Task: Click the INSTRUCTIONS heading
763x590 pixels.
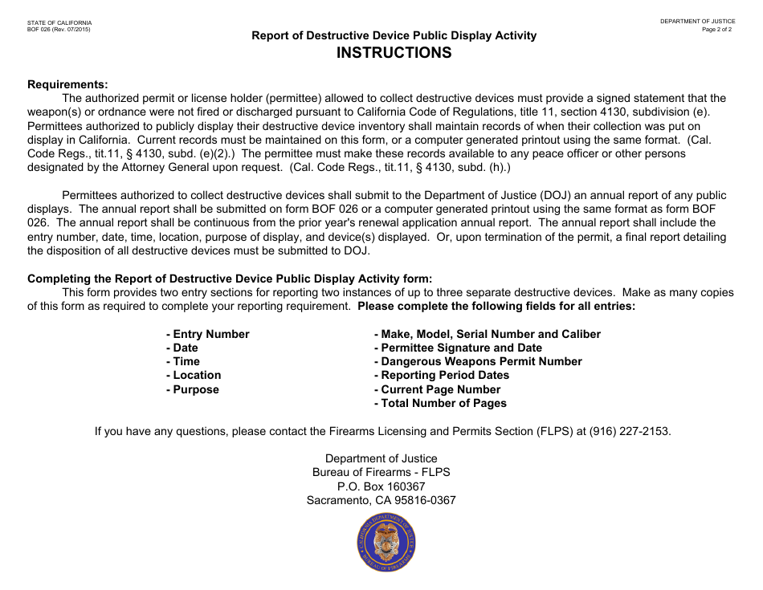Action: tap(394, 53)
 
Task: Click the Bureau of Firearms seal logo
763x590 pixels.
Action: tap(387, 543)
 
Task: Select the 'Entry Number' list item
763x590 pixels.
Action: tap(208, 334)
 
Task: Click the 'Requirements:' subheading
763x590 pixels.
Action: tap(67, 84)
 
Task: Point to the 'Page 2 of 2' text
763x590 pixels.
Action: tap(716, 30)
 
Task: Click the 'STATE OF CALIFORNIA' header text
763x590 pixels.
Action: tap(59, 22)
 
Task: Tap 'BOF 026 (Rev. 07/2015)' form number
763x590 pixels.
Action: tap(59, 30)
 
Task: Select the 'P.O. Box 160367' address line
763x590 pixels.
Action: tap(381, 486)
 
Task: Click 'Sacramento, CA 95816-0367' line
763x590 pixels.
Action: tap(381, 500)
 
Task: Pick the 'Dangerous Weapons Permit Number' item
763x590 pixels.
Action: tap(478, 361)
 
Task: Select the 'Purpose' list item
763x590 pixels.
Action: tap(193, 389)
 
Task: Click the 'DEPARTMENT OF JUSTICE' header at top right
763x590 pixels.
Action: tap(697, 22)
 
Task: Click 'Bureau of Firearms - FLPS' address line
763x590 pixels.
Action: tap(381, 473)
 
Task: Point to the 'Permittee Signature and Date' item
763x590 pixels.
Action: tap(458, 348)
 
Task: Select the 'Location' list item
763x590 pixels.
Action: tap(194, 375)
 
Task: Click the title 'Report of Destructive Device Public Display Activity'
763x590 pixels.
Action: tap(394, 35)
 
